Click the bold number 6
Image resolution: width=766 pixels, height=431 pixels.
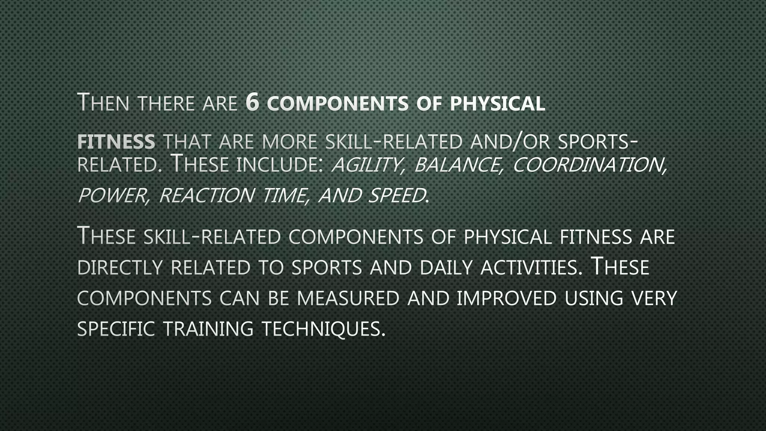click(253, 103)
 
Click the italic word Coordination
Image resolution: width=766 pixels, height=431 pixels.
click(589, 165)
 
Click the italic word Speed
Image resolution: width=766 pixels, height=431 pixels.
click(396, 195)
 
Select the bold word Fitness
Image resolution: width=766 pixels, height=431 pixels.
click(116, 142)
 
